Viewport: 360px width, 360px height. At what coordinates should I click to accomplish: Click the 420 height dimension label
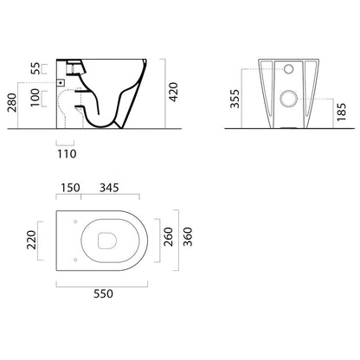[174, 92]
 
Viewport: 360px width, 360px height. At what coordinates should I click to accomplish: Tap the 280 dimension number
[12, 102]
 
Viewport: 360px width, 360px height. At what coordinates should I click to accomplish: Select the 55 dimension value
[36, 68]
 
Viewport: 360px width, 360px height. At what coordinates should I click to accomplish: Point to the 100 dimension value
[35, 98]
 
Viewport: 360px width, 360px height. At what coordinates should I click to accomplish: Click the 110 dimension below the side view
[67, 154]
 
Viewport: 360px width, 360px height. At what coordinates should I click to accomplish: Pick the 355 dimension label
[235, 99]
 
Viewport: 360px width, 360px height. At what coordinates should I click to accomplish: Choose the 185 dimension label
[341, 112]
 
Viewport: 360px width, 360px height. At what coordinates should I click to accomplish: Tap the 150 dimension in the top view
[70, 188]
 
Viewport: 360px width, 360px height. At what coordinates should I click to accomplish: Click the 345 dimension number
[109, 188]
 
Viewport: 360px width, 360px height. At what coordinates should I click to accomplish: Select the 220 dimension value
[31, 240]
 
